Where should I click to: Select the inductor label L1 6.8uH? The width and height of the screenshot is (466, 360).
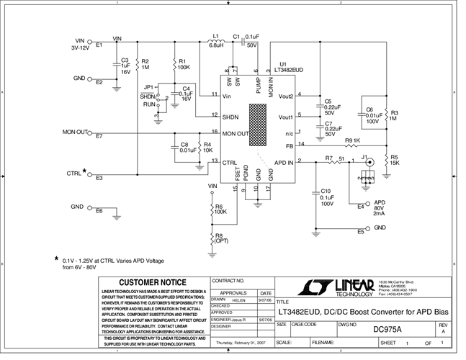tap(215, 40)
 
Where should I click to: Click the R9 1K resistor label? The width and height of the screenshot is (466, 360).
tap(352, 140)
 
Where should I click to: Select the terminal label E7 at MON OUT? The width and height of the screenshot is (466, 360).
tap(99, 136)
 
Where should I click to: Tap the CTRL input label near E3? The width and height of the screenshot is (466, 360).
tap(75, 174)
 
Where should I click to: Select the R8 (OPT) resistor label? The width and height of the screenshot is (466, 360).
tap(220, 238)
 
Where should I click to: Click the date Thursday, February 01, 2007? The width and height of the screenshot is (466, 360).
tap(240, 344)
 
